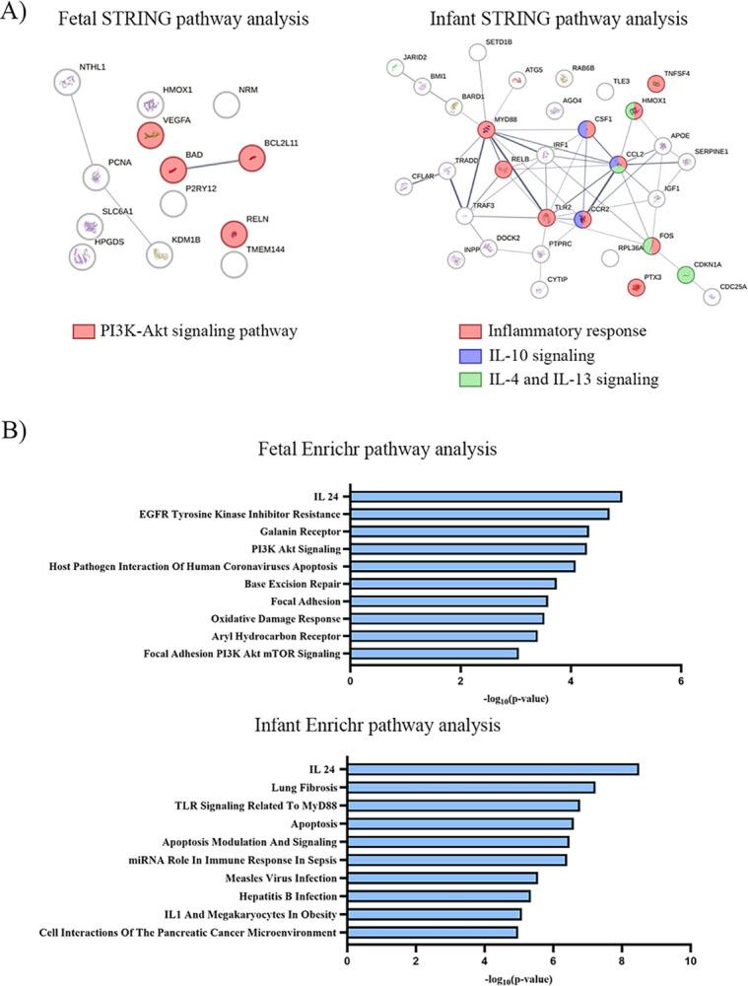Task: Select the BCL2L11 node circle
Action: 252,157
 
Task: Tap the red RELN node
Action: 233,234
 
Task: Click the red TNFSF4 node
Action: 655,85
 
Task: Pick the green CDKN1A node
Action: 686,274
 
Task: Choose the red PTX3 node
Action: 636,287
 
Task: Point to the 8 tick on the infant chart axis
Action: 622,959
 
